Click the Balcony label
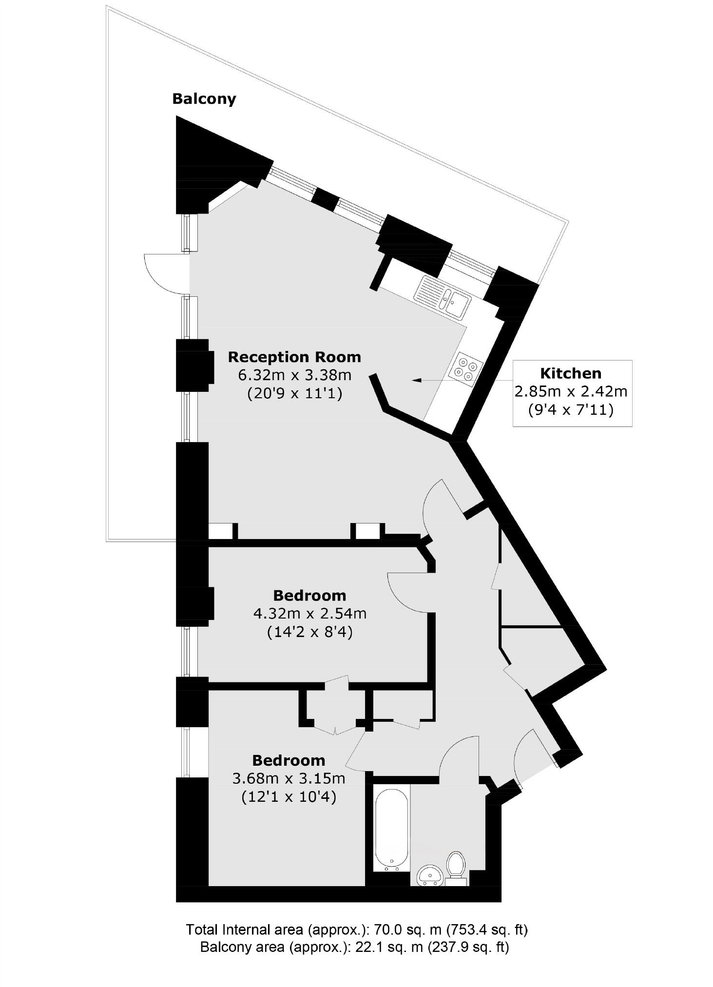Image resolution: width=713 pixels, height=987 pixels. [x=204, y=99]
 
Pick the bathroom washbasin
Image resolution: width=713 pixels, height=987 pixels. [x=430, y=874]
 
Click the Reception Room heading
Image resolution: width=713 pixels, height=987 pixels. [x=294, y=357]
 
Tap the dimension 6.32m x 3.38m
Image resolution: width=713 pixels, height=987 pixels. [x=294, y=375]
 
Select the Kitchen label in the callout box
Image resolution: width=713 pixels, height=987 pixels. [x=571, y=373]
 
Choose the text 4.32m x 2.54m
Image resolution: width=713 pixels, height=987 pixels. [x=309, y=613]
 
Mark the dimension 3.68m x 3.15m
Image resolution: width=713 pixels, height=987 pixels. [x=289, y=778]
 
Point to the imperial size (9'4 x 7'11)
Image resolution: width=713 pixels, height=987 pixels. [x=571, y=410]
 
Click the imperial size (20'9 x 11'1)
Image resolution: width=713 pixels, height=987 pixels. [x=294, y=393]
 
